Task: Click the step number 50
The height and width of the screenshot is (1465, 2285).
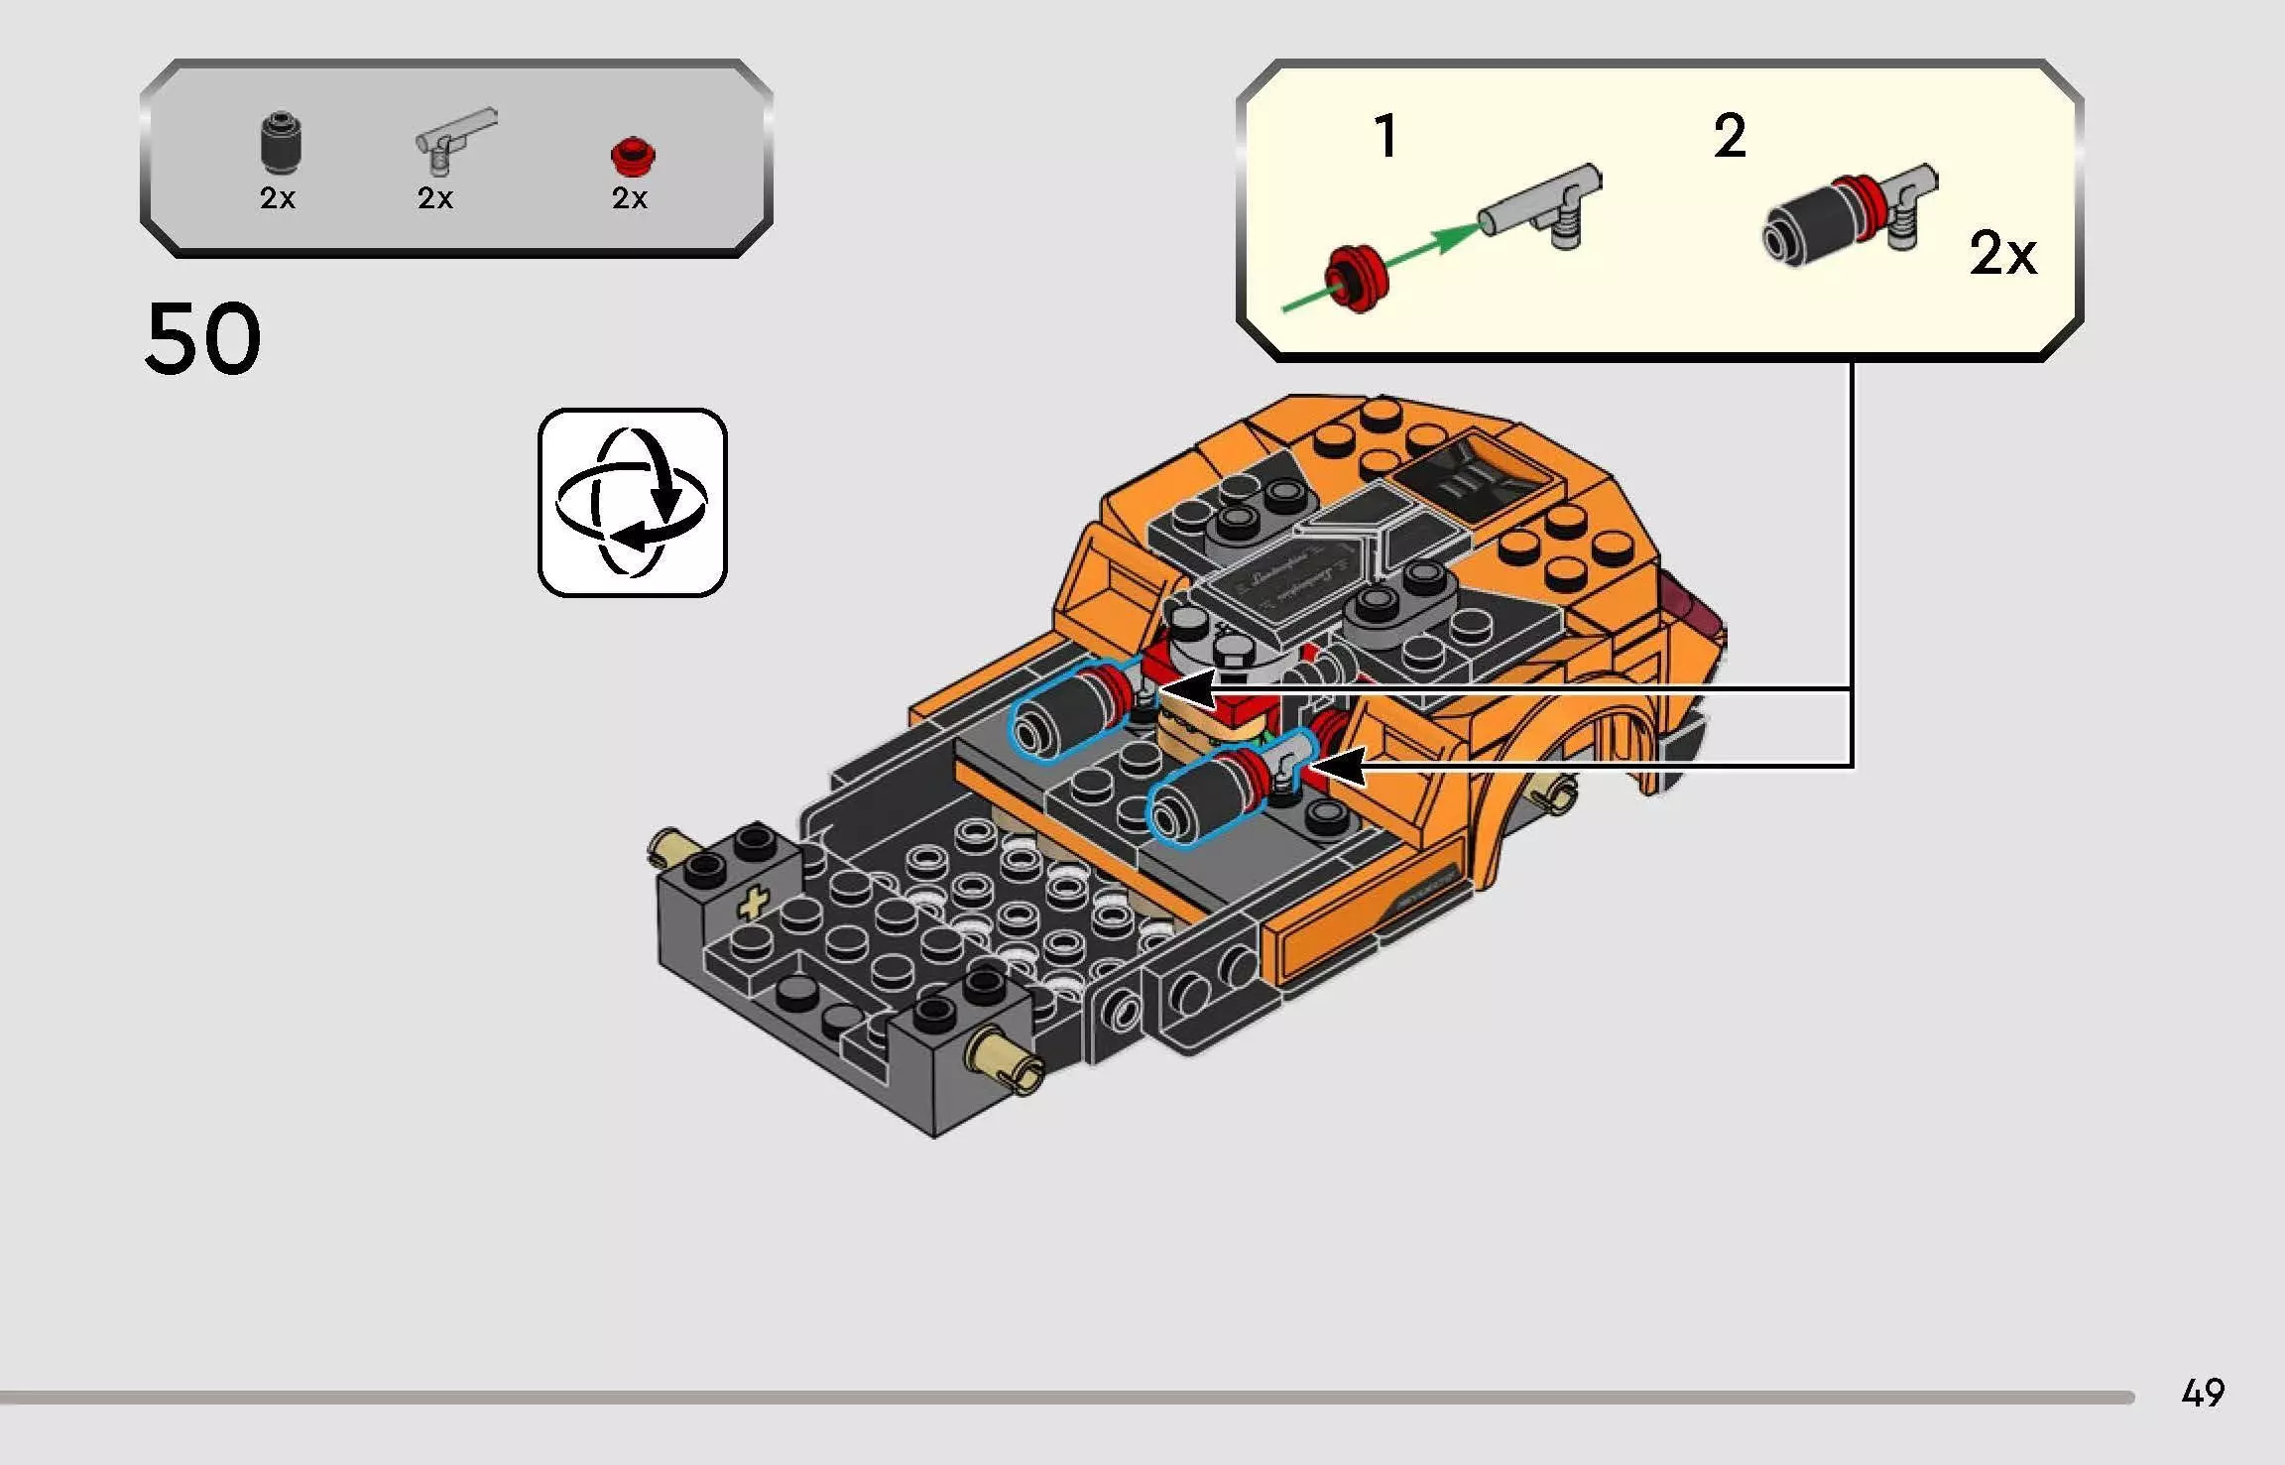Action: (203, 339)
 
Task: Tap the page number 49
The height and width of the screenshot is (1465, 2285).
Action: (2203, 1393)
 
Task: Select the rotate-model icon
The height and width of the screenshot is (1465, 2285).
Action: (633, 503)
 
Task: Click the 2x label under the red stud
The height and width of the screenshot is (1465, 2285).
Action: (629, 198)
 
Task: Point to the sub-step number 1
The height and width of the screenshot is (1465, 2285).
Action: (1385, 136)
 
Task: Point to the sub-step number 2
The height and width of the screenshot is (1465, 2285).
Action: (1729, 136)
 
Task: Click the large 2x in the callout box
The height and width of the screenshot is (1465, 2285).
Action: (2002, 254)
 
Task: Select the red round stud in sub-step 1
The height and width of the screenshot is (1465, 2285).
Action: (1358, 280)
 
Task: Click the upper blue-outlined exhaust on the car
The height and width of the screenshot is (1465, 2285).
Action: (1066, 709)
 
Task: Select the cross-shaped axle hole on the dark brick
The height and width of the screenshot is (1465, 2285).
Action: (754, 905)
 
